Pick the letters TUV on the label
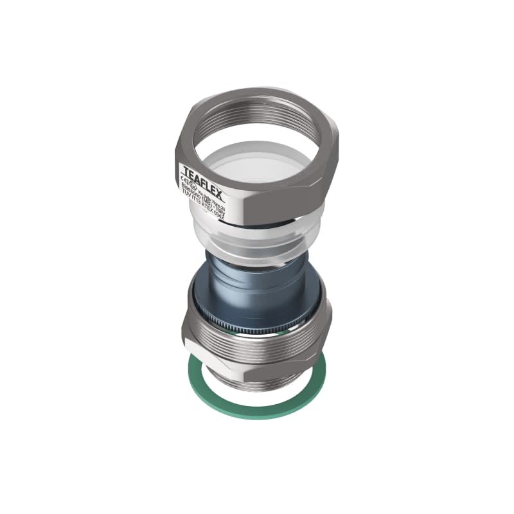[x=187, y=195]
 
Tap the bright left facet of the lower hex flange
[x=193, y=334]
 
